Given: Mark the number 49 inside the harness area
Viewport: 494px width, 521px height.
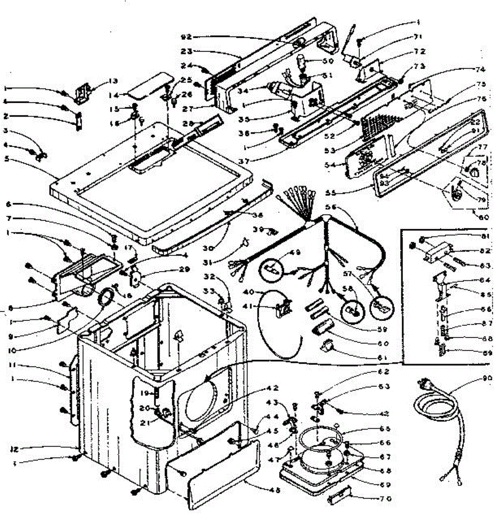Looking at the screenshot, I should coord(296,252).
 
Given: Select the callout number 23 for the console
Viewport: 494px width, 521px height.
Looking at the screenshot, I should coord(186,51).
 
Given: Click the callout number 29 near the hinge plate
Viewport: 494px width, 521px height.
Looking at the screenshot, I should coord(184,269).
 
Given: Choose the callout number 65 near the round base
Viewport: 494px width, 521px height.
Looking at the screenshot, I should coord(384,429).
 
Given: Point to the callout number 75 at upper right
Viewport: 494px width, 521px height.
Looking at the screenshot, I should coord(481,85).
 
